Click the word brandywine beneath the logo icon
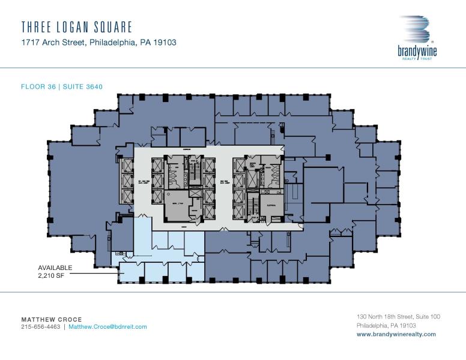point(417,52)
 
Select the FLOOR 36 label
point(38,86)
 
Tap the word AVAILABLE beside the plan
point(55,267)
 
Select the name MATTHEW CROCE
point(52,319)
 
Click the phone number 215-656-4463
point(41,327)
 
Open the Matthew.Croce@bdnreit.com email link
point(107,327)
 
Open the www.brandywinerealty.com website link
point(396,334)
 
